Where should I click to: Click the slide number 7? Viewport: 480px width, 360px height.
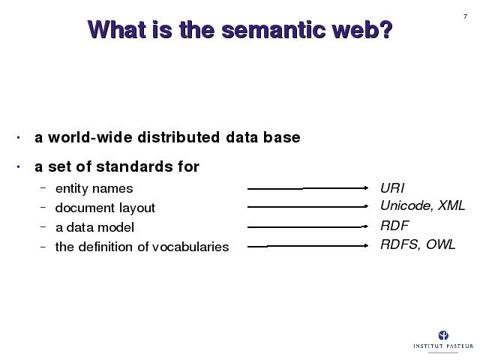point(465,16)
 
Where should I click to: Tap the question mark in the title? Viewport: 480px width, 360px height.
point(387,29)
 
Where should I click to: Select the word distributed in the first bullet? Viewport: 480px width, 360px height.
point(178,136)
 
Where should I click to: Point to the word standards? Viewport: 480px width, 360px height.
point(134,166)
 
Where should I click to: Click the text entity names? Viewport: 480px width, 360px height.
point(94,188)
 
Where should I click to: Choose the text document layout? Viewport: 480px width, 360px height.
point(105,208)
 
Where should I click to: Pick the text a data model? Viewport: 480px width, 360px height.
point(95,227)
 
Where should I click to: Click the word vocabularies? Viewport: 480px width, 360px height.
point(190,247)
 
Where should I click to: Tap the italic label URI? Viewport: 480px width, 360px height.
point(392,188)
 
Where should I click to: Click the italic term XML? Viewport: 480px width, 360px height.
point(451,205)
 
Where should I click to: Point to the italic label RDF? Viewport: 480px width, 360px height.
point(394,226)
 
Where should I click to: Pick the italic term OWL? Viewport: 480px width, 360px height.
point(440,244)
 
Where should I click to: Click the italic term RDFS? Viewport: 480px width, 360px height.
point(400,245)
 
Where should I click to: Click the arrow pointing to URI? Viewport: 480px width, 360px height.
point(307,188)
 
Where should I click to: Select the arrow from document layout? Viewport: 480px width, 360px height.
point(307,207)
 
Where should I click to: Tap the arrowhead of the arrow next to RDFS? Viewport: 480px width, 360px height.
point(366,245)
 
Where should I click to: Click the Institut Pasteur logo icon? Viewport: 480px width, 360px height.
point(443,335)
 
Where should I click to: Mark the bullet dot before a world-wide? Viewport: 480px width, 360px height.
point(18,137)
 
